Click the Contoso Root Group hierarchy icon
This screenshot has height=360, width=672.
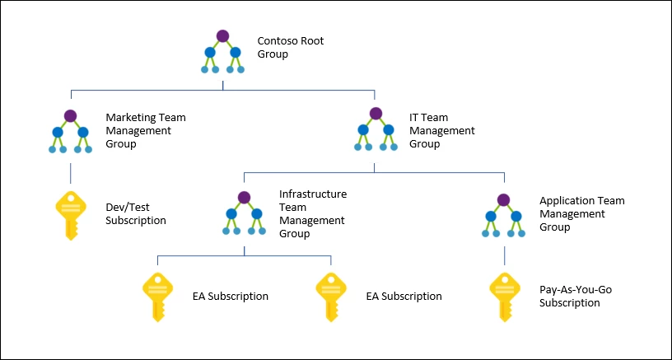222,52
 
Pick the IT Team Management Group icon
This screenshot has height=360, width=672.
376,131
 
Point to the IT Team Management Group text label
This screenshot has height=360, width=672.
441,131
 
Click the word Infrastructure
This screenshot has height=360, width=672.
313,194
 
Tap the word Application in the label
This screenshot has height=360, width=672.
567,201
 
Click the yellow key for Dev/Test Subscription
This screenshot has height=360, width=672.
69,215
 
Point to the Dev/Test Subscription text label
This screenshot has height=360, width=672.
136,214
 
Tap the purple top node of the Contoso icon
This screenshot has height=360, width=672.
222,35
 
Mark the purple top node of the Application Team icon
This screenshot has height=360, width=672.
503,200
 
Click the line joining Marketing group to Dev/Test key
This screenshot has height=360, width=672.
70,173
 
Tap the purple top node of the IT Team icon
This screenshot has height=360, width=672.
376,114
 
